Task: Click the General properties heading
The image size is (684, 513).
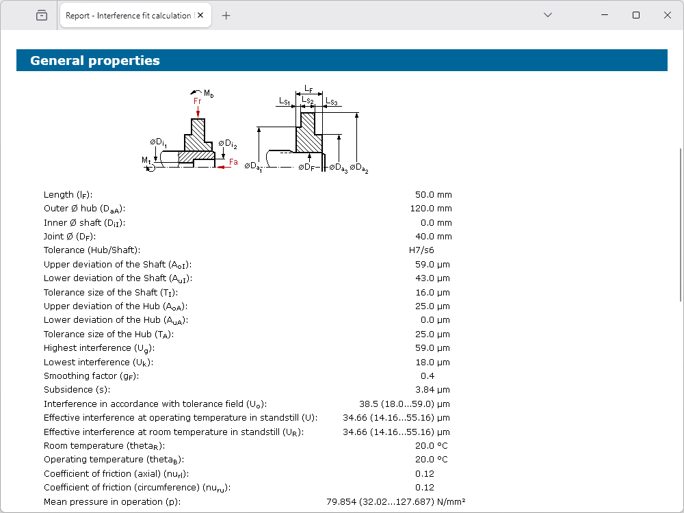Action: coord(94,60)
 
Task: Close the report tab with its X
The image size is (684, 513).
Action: coord(200,15)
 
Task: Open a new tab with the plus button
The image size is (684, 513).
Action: coord(226,16)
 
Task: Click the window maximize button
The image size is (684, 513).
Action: coord(636,15)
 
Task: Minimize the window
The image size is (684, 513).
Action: coord(605,15)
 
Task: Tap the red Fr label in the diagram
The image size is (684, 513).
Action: coord(197,101)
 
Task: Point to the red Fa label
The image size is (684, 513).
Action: coord(233,162)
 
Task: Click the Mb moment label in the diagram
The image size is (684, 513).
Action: coord(209,93)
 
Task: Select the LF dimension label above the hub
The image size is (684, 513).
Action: coord(308,89)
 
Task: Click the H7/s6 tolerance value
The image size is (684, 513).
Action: coord(421,250)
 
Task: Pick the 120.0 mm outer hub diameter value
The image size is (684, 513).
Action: coord(431,209)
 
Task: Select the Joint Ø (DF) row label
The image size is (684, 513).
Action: coord(70,237)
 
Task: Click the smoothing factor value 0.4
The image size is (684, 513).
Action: coord(428,376)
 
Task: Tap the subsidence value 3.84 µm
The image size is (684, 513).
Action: coord(432,390)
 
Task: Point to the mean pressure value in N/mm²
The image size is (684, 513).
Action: coord(395,501)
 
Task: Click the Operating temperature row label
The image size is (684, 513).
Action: coord(114,460)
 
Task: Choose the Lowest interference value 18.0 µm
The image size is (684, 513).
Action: coord(432,362)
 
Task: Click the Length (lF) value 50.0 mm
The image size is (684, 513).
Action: coord(434,194)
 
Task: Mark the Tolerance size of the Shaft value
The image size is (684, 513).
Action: coord(432,292)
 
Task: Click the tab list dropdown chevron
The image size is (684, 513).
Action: coord(548,15)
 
